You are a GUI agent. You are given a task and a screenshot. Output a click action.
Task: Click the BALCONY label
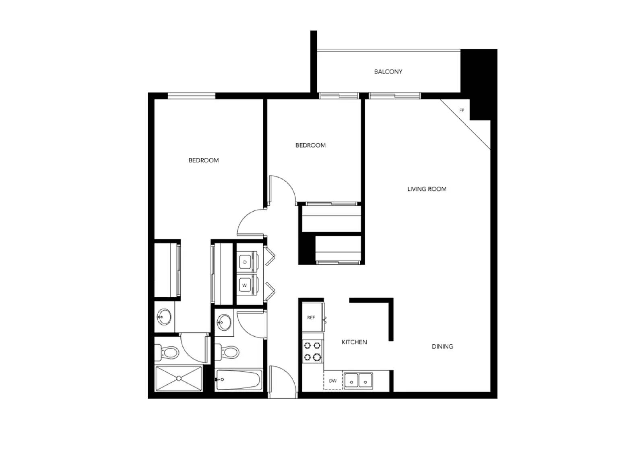[388, 72]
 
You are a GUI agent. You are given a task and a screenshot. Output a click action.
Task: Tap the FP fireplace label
[462, 110]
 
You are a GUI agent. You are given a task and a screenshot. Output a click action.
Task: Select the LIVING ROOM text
[427, 189]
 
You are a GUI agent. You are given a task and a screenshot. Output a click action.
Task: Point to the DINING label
[442, 346]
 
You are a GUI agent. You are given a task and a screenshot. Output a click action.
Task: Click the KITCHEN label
[354, 342]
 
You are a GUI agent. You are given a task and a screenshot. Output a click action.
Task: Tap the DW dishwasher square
[333, 381]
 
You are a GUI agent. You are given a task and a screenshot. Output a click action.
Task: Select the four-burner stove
[312, 351]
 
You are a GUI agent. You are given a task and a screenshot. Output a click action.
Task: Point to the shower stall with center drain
[178, 378]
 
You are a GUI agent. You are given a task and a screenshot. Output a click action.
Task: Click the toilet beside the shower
[168, 353]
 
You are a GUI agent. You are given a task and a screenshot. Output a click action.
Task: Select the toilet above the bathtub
[228, 353]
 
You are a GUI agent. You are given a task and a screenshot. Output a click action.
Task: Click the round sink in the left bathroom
[164, 317]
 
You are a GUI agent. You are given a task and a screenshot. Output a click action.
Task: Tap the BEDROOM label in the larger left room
[204, 160]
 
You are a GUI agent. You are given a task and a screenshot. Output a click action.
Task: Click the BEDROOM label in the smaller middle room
[310, 145]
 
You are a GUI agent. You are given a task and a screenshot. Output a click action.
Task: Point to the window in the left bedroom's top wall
[191, 96]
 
